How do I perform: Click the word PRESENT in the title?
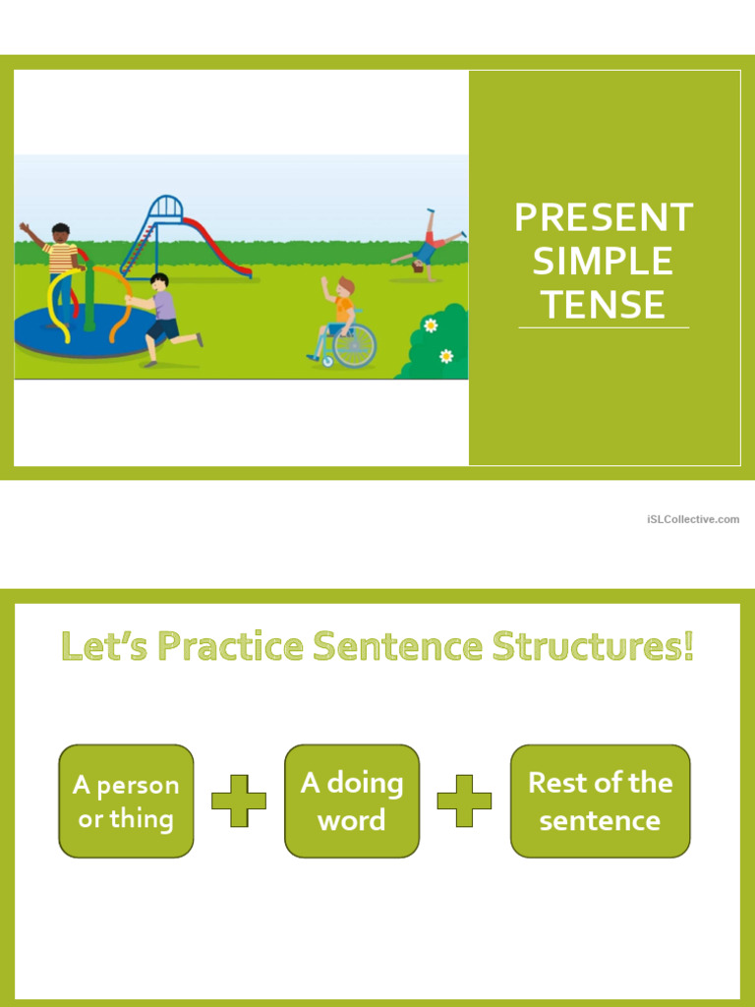pos(604,217)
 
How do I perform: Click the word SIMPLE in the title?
pos(603,262)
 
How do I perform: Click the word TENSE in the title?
pos(603,305)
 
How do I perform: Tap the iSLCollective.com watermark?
pos(693,518)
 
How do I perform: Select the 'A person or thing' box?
pos(126,800)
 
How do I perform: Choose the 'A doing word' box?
pos(352,800)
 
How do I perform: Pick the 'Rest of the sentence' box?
pos(600,800)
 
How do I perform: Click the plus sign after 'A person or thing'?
pos(239,800)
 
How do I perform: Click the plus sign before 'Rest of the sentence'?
pos(464,800)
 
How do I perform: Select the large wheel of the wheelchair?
pos(355,344)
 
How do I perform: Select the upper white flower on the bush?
pos(431,326)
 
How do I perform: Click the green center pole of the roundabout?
pos(89,295)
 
